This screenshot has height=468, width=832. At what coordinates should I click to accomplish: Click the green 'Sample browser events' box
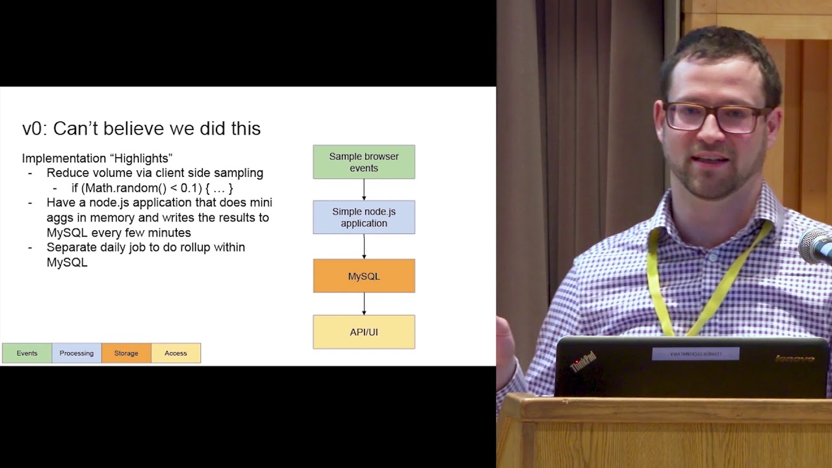coord(364,162)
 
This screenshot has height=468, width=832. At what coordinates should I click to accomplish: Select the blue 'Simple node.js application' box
coord(364,217)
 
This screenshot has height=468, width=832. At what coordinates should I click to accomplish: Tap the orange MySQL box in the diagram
coord(364,276)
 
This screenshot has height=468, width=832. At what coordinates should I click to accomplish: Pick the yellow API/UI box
coord(364,332)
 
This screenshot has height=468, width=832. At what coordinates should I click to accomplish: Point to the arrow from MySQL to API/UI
coord(364,304)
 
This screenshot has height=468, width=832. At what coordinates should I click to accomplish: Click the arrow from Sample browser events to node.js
coord(364,190)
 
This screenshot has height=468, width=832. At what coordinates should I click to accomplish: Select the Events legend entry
coord(27,353)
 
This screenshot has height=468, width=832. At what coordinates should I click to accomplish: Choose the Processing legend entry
coord(77,353)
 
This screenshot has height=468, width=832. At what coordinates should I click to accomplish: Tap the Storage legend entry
coord(126,353)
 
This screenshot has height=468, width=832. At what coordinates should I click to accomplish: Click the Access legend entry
coord(175,353)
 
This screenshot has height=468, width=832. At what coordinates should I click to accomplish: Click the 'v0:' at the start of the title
coord(34,129)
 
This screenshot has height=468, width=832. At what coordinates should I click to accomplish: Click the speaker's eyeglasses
coord(715,118)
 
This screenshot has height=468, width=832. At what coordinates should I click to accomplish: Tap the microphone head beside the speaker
coord(818,246)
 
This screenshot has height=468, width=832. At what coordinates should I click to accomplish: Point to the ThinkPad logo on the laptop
coord(583,361)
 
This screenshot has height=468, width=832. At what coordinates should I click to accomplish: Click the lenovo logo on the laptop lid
coord(794,359)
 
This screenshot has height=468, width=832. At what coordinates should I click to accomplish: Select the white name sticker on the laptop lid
coord(695,354)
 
